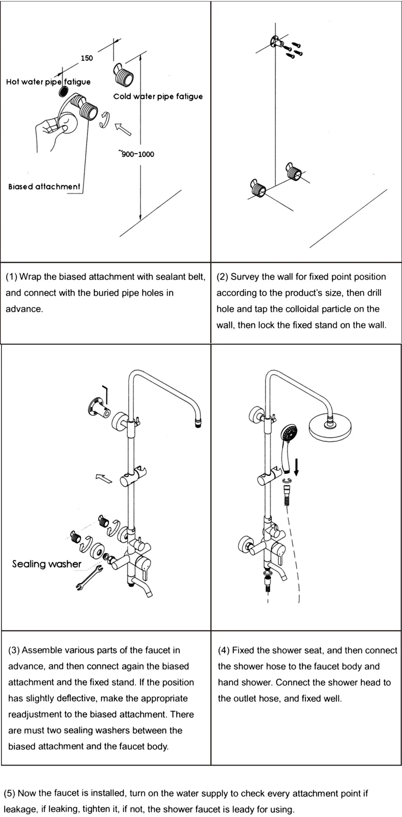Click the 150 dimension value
point(87,58)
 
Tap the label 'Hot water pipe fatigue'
point(48,82)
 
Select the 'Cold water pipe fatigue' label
point(158,97)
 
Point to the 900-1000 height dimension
point(137,154)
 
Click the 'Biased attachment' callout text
point(44,187)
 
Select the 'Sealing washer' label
point(46,564)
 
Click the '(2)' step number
point(222,277)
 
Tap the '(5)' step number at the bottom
point(10,793)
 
